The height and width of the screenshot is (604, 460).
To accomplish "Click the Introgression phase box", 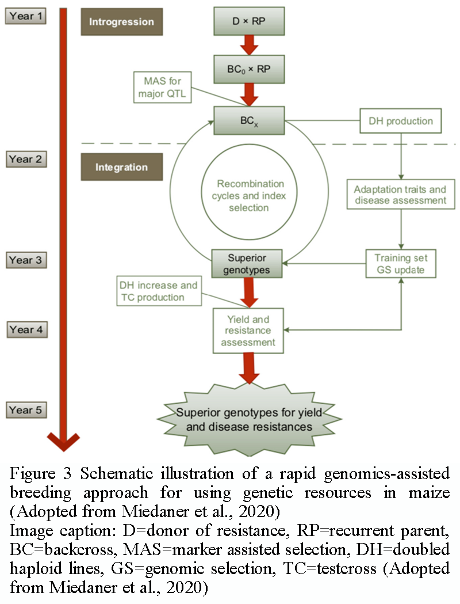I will point(121,22).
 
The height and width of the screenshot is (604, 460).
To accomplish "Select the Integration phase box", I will point(121,168).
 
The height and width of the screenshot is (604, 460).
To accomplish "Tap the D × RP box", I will point(248,22).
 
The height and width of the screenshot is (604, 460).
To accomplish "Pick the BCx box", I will point(248,120).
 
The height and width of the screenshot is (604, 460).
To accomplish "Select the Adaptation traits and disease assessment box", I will point(400,195).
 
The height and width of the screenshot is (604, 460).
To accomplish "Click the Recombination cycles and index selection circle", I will point(251,195).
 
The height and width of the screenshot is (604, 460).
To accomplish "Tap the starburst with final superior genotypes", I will point(244,420).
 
